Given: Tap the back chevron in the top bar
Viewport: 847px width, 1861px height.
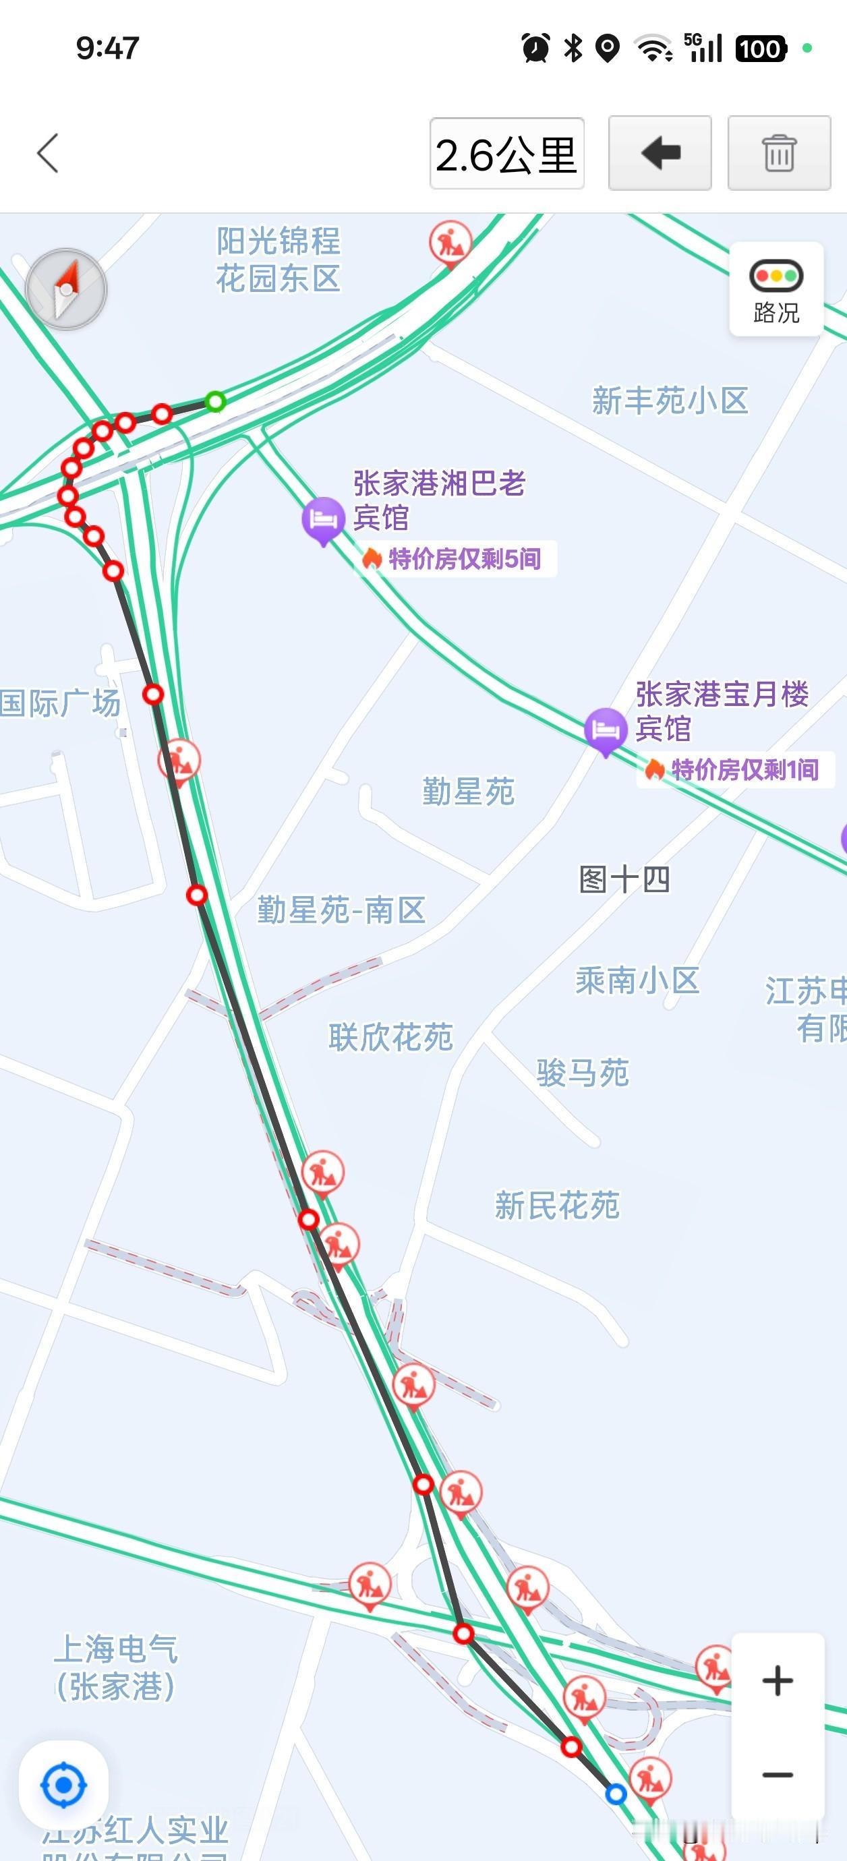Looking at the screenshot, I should [x=48, y=153].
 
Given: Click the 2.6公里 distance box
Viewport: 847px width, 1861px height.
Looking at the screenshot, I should [x=506, y=154].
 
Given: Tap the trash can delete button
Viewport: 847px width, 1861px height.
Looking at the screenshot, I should [x=778, y=153].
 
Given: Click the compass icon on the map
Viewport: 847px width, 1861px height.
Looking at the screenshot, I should [x=66, y=289].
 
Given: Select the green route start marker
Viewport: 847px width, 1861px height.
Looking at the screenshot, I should [x=215, y=401].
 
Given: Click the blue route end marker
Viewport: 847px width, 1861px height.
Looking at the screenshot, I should [x=616, y=1794].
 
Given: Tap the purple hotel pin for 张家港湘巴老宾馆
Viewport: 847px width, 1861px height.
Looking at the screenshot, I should [x=322, y=519].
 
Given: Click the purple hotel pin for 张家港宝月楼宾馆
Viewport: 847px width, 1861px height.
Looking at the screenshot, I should [x=605, y=730].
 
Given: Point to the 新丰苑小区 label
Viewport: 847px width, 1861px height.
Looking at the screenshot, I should [x=670, y=401].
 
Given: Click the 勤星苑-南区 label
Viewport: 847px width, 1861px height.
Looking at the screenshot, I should [x=341, y=910].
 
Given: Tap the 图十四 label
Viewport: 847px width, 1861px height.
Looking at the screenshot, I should [x=624, y=879].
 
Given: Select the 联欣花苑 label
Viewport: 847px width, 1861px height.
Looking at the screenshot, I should [x=390, y=1037].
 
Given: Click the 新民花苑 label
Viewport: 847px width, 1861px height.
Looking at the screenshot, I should [x=557, y=1205].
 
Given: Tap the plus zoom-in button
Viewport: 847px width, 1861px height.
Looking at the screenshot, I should [x=778, y=1680].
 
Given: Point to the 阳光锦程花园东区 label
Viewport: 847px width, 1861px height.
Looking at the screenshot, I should [x=279, y=260].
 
